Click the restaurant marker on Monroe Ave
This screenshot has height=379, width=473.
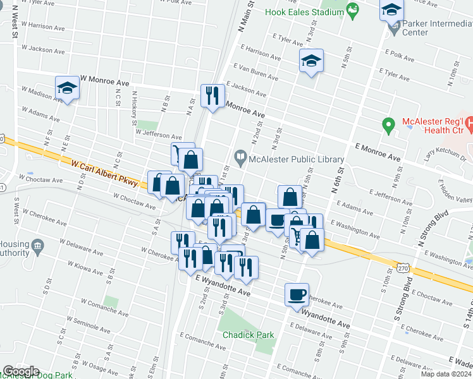click(211, 96)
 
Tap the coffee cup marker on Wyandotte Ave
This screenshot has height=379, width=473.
click(297, 294)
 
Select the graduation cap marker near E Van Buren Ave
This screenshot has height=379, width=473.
click(310, 61)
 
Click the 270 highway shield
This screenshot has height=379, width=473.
click(403, 268)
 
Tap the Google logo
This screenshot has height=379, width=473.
click(21, 371)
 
